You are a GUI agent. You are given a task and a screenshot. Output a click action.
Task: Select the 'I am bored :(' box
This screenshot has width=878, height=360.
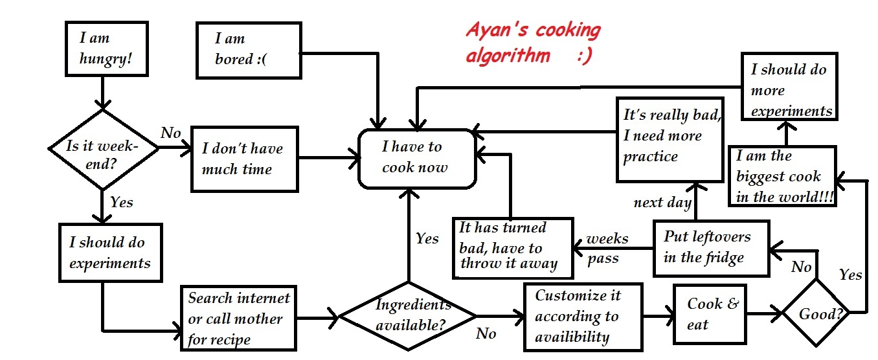click(x=249, y=50)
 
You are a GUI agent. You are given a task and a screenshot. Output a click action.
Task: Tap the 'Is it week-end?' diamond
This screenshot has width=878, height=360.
click(x=103, y=150)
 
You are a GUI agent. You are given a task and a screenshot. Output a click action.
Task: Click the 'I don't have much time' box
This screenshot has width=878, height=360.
click(x=243, y=159)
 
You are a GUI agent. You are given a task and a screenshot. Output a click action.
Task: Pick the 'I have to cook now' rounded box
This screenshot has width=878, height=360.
click(x=416, y=159)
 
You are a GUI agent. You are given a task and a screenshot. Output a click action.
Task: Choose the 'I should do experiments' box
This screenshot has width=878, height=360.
click(x=110, y=253)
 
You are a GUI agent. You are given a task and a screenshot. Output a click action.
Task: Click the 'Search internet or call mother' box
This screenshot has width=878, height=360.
click(x=239, y=318)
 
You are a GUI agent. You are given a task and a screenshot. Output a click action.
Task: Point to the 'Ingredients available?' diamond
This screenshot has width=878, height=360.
click(x=407, y=315)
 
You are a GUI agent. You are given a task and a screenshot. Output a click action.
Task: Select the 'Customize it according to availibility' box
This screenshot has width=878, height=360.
click(x=583, y=316)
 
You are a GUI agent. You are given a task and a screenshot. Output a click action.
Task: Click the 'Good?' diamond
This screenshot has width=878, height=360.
click(x=816, y=315)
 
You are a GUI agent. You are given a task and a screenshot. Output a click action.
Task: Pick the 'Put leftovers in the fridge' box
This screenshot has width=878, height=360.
click(x=710, y=247)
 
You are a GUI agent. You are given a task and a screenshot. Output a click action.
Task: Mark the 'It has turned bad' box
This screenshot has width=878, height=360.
click(x=512, y=245)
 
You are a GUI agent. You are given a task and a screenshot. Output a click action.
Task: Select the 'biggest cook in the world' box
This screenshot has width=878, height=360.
click(x=782, y=176)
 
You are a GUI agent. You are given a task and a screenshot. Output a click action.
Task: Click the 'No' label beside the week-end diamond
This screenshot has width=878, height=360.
click(x=171, y=133)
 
